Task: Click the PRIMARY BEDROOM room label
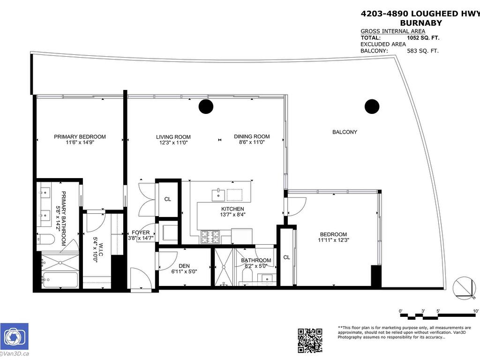80,137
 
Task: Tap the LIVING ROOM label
173,137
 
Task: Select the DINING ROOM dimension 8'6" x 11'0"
252,142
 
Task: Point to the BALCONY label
345,132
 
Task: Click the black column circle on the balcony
372,106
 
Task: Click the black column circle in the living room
205,107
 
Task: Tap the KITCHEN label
232,209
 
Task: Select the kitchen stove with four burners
210,238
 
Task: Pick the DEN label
184,266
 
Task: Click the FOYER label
141,232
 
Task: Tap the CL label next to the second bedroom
286,257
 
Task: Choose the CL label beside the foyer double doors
167,199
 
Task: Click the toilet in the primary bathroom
47,239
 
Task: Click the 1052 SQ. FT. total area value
423,38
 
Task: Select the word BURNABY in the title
420,22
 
